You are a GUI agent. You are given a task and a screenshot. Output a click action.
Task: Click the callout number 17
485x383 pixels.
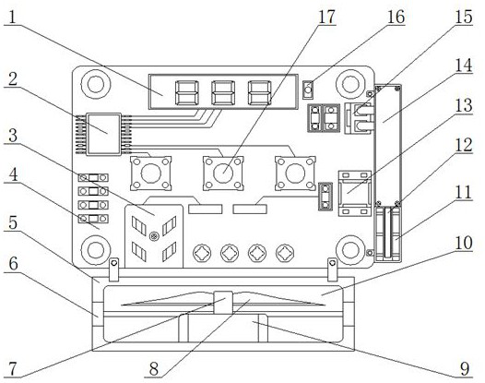(326, 17)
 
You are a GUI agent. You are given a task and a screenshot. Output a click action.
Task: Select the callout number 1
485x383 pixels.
(12, 18)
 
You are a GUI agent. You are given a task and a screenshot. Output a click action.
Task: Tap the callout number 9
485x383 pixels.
(465, 369)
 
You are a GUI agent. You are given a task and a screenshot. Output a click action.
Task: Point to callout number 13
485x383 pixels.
(464, 105)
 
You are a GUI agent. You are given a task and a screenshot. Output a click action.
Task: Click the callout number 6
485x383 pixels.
(13, 264)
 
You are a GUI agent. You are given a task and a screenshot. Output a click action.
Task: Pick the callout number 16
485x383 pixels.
(396, 17)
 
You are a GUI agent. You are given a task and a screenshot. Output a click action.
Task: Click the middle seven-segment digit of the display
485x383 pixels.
(223, 92)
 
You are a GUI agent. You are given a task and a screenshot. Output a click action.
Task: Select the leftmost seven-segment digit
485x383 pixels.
(187, 92)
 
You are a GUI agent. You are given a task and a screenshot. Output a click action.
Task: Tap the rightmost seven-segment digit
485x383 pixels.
(259, 92)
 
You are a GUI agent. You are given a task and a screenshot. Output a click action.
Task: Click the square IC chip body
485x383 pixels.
(103, 134)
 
